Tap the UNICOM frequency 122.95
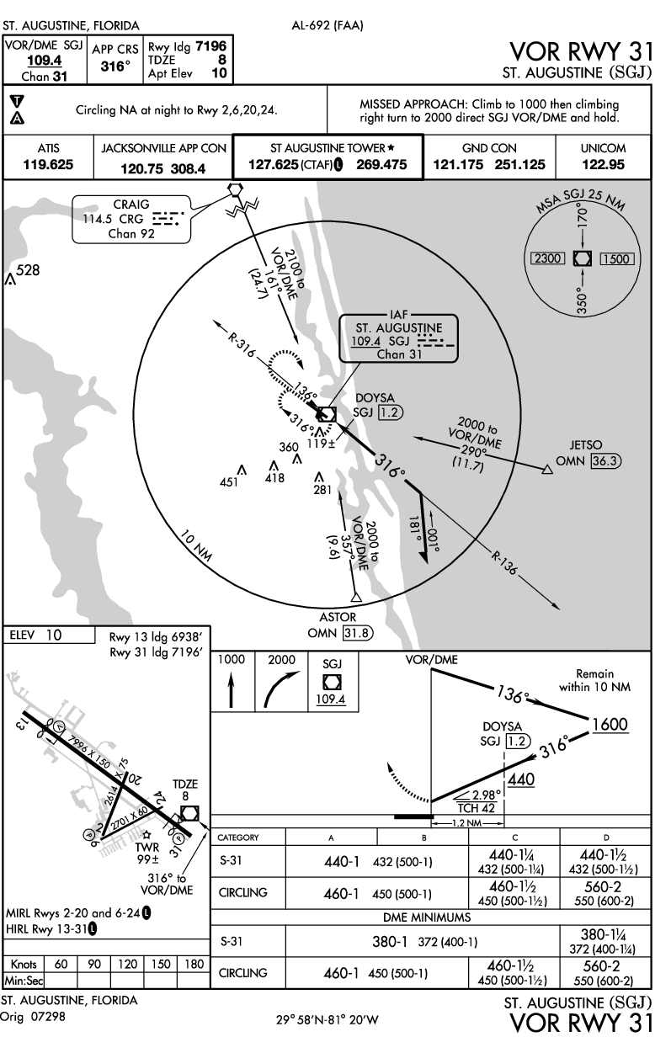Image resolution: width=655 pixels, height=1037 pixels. coord(603,164)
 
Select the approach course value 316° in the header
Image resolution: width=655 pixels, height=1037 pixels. coord(114,66)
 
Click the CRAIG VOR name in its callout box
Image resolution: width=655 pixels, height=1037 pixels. coord(130,205)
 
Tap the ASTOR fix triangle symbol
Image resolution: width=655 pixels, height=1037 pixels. coord(356,598)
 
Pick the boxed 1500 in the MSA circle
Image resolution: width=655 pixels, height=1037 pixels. coord(615,259)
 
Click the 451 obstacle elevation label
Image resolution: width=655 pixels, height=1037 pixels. coord(229,482)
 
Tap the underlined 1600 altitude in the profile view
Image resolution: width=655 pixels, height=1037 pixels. coord(610,724)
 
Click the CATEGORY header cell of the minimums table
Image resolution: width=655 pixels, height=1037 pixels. coord(238,838)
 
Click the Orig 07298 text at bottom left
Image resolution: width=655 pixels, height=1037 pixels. coord(30,1017)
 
